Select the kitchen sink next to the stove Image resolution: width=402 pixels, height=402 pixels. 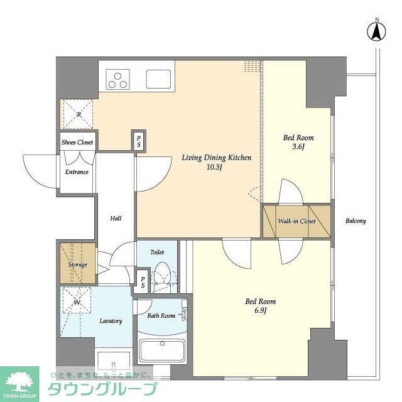(x=158, y=79)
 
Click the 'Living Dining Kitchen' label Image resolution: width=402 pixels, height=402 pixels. (x=217, y=158)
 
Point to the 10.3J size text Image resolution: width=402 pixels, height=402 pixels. (x=217, y=168)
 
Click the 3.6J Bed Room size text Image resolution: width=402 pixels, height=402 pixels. (x=298, y=148)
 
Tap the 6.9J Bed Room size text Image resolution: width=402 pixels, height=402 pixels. (x=260, y=311)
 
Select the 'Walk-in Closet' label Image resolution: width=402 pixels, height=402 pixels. (x=296, y=221)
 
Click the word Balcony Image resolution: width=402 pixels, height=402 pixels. (x=356, y=221)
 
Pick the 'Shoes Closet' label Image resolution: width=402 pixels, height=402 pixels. (x=77, y=143)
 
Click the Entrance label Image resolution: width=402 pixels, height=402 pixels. (x=77, y=172)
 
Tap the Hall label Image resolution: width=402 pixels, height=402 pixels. (x=116, y=219)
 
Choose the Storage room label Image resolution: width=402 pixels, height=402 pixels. (x=77, y=264)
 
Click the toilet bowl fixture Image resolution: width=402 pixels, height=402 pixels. (x=161, y=274)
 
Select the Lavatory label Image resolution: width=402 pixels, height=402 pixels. (x=111, y=321)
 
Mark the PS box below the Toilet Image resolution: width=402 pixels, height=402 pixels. (x=143, y=282)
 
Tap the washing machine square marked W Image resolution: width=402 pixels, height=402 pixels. (x=77, y=303)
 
